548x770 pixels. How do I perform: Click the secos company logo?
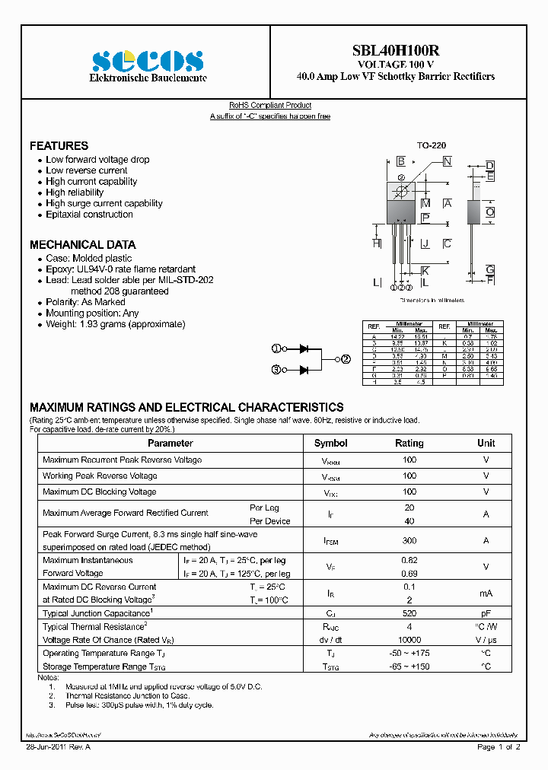point(148,60)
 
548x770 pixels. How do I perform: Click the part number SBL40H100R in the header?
point(395,51)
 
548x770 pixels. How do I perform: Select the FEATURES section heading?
point(59,145)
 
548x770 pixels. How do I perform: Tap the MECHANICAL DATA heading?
point(82,244)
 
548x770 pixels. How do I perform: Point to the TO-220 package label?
point(431,145)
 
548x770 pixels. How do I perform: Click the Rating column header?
point(409,443)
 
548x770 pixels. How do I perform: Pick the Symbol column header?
point(330,443)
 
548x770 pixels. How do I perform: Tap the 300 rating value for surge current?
point(409,540)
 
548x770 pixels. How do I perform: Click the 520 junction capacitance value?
point(409,613)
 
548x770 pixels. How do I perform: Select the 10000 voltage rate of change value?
point(409,640)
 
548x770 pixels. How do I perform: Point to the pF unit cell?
point(486,613)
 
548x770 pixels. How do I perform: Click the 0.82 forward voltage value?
point(409,560)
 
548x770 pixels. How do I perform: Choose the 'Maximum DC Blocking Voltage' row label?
point(99,492)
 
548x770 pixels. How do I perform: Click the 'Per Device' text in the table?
point(269,521)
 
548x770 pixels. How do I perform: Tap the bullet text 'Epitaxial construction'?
point(89,215)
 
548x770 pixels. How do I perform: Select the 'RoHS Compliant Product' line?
point(270,105)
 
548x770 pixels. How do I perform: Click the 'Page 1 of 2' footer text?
point(499,747)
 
